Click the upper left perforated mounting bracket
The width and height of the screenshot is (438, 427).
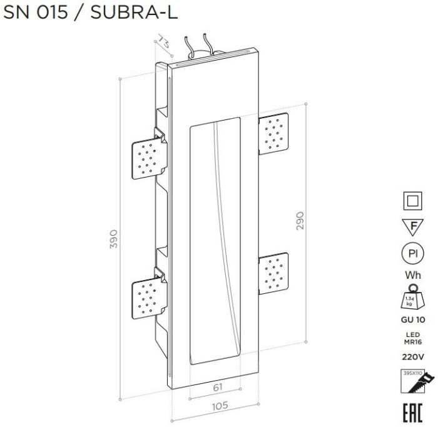(148, 156)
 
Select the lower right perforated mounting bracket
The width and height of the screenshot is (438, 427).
(274, 273)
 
